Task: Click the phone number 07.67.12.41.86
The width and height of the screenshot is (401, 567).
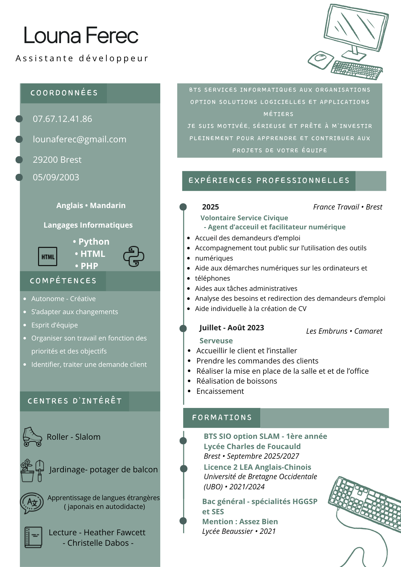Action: (x=62, y=119)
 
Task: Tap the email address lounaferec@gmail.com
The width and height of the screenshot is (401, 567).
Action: (x=79, y=139)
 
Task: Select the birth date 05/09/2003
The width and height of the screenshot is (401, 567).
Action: (x=56, y=177)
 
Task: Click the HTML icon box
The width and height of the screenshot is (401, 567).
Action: (x=48, y=257)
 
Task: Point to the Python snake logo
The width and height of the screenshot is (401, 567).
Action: (x=134, y=256)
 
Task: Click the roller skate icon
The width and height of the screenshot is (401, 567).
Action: (x=32, y=437)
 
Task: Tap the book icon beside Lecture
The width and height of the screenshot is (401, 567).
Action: (x=33, y=537)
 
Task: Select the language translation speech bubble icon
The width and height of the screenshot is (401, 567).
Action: (x=32, y=503)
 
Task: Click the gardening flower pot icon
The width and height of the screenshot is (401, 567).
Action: (x=28, y=471)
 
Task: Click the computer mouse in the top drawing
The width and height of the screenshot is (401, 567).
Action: (x=321, y=59)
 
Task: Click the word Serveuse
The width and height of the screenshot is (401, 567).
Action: (x=216, y=341)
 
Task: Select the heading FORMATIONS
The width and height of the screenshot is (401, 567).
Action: (x=222, y=418)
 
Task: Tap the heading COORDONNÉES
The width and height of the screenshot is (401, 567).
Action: (x=64, y=93)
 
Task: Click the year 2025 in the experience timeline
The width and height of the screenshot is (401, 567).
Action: (x=210, y=207)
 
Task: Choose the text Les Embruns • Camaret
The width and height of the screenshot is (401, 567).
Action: (x=344, y=331)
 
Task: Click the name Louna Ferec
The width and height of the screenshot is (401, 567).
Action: (x=81, y=35)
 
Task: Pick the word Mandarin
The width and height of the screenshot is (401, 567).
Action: (x=107, y=206)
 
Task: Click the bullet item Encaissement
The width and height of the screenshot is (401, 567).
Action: (x=220, y=391)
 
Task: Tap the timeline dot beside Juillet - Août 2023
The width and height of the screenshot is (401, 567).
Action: (x=183, y=329)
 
